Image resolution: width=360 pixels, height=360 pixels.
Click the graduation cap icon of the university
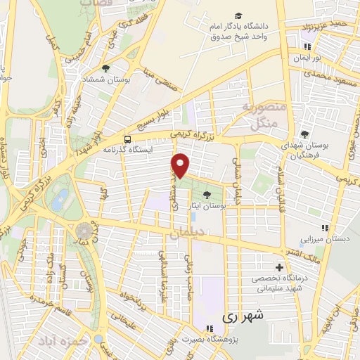point(239,15)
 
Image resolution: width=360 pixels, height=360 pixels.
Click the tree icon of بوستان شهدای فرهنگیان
point(304,134)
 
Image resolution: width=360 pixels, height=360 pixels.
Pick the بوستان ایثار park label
point(205,206)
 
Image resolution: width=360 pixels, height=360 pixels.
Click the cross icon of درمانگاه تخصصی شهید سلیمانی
point(280,267)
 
